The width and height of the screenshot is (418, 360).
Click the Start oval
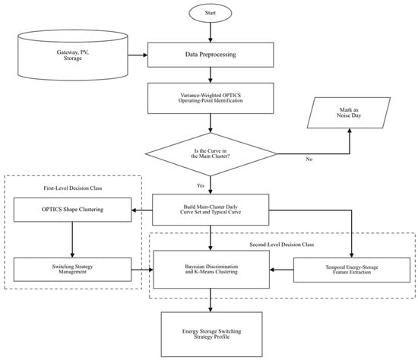[x=211, y=13]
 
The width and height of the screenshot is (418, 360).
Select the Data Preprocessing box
[x=211, y=55]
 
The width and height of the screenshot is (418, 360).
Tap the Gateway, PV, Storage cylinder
[x=73, y=55]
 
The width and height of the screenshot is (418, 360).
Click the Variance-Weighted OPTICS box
[x=211, y=98]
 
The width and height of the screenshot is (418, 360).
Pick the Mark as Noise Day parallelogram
[x=349, y=112]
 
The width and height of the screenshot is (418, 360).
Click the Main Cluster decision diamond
[x=211, y=154]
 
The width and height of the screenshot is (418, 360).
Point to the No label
[x=309, y=159]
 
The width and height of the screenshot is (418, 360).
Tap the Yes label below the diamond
[x=201, y=185]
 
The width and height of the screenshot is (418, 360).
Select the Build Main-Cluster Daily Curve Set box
[x=211, y=210]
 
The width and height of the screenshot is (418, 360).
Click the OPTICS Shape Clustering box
[x=72, y=210]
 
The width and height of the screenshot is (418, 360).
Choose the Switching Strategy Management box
[x=72, y=270]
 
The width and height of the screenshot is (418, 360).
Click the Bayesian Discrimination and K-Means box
[x=211, y=270]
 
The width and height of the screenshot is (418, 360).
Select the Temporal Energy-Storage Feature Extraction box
[x=352, y=270]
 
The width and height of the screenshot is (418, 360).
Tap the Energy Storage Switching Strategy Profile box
[x=212, y=334]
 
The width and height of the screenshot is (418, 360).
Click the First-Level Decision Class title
[x=73, y=188]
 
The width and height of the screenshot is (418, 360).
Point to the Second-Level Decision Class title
[x=281, y=245]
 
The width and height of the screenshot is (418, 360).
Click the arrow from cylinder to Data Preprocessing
[x=138, y=55]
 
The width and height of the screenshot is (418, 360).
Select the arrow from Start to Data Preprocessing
[x=211, y=32]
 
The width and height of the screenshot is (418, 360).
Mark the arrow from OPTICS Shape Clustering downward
[x=72, y=239]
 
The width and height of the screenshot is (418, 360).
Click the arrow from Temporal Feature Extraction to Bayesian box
[x=281, y=270]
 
